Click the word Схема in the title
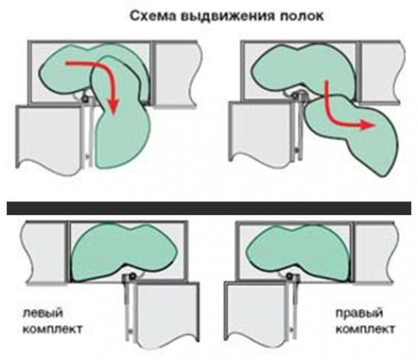pos(154,16)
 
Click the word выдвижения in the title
pos(228,17)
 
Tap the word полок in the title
pos(301,17)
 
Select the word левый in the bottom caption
pos(43,312)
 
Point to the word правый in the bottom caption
pos(359,313)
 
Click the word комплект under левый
pos(52,329)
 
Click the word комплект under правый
pos(365,329)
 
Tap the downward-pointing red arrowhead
pos(113,107)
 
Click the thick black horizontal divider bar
pos(209,208)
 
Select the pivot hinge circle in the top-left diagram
pos(85,99)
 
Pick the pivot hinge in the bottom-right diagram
pos(289,276)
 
